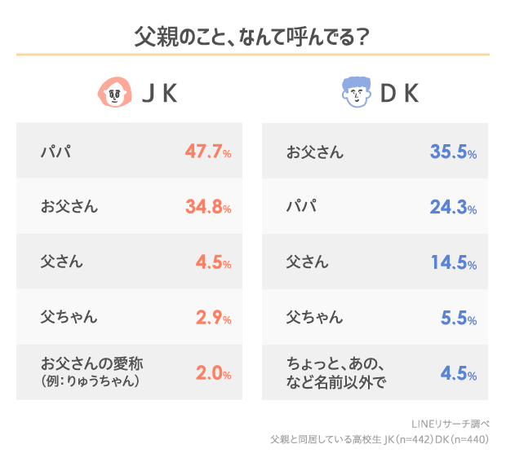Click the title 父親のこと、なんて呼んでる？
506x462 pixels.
click(252, 36)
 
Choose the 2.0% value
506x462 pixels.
click(213, 374)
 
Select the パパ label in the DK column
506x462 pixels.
click(301, 207)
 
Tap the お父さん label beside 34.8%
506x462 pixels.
click(69, 207)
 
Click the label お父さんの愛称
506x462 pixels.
click(91, 364)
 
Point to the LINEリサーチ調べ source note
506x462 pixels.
click(452, 424)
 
